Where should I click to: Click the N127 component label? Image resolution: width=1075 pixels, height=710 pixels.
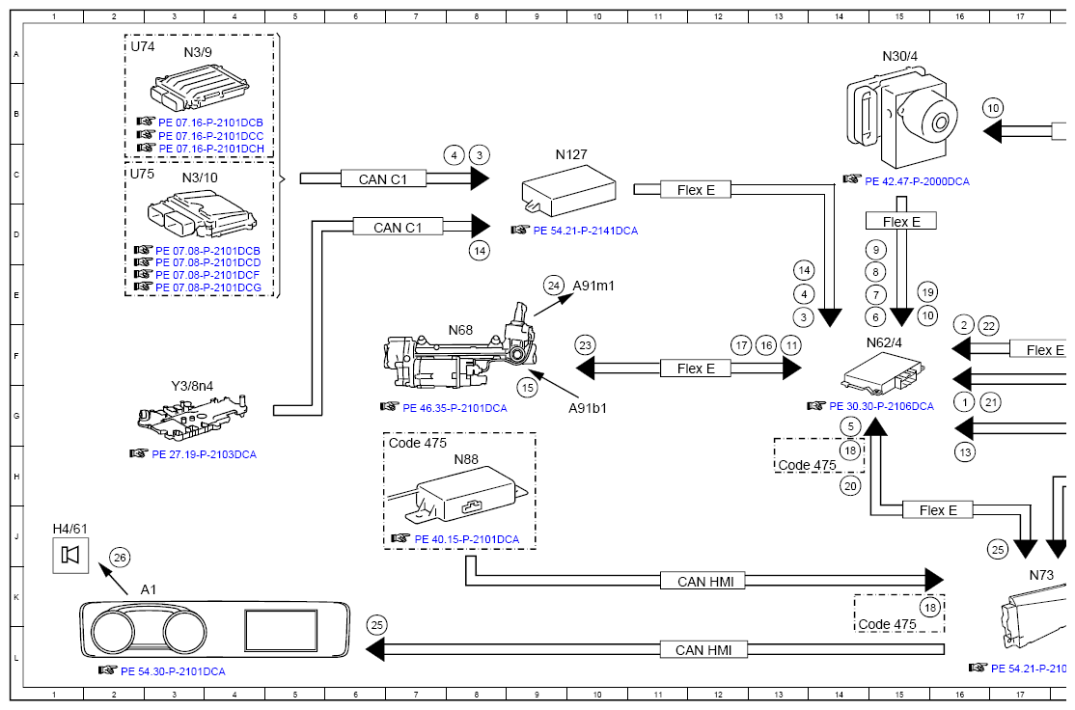point(571,154)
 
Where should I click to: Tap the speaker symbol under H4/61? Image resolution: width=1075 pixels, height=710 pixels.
point(70,555)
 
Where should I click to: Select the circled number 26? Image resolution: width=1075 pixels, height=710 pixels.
point(120,557)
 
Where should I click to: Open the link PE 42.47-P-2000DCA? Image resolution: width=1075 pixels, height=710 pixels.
point(917,181)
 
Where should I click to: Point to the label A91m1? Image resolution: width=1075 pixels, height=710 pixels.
point(593,287)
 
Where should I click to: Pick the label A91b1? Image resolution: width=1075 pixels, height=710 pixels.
point(588,408)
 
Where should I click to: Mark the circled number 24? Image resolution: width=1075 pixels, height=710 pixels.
point(553,286)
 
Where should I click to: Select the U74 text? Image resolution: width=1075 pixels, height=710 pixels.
point(142,45)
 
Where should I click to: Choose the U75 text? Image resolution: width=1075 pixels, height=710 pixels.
point(142,175)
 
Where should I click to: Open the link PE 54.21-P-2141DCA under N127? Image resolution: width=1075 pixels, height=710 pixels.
point(586,232)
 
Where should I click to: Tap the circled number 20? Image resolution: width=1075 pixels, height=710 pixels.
point(849,486)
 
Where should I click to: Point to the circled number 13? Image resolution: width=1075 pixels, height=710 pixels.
point(965,451)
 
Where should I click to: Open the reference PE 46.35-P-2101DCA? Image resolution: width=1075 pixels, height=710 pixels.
point(455,409)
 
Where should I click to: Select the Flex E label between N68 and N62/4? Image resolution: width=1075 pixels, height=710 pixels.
point(696,369)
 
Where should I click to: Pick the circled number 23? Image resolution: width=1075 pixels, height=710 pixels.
point(585,344)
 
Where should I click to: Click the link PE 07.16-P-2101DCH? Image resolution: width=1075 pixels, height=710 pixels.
point(210,149)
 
